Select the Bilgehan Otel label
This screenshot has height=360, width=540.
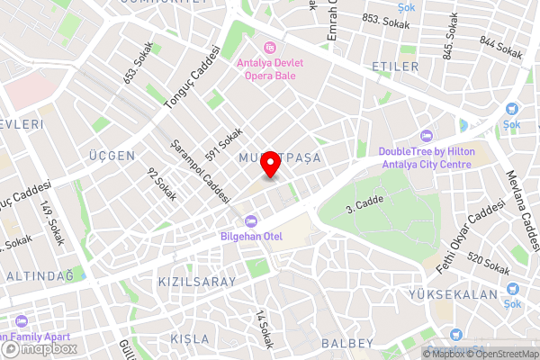(252, 236)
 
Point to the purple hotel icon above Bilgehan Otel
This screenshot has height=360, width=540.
(251, 220)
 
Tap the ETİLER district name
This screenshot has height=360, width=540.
(394, 67)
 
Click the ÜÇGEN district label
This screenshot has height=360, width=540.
(112, 156)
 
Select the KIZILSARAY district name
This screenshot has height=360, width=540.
(196, 282)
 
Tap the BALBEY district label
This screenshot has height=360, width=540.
(346, 343)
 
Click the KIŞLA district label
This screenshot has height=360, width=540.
(189, 338)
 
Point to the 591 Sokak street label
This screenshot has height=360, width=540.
(224, 144)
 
